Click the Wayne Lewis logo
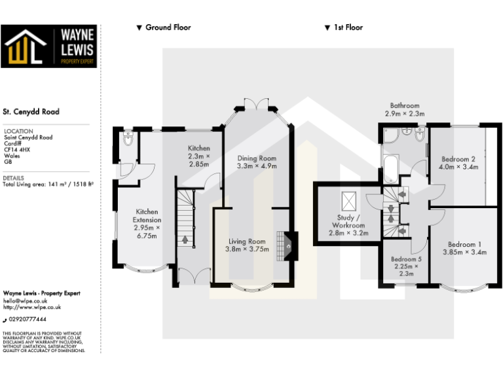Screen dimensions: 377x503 [49, 46]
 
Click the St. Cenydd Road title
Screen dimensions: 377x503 [31, 112]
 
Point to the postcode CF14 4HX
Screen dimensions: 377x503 [17, 149]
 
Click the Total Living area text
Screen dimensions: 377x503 [48, 185]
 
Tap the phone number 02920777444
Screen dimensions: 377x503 [28, 319]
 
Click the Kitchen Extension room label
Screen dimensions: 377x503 [147, 223]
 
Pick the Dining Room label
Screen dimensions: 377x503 [257, 162]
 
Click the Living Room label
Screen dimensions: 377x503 [247, 245]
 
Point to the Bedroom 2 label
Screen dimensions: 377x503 [458, 162]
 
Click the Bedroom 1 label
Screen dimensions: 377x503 [464, 248]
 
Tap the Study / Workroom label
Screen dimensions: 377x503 [348, 221]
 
